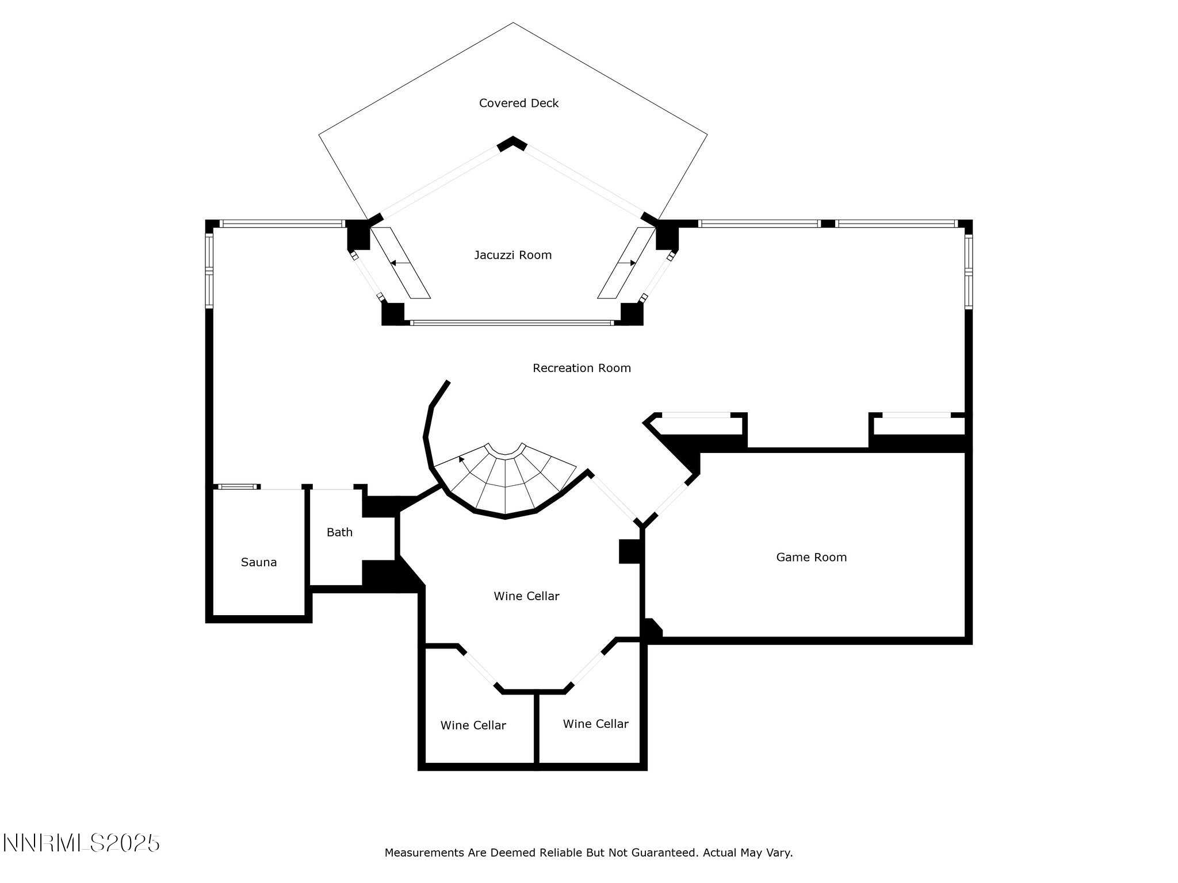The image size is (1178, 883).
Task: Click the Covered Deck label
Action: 519,103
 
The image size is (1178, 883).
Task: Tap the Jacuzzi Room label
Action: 512,255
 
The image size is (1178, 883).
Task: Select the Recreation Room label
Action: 582,368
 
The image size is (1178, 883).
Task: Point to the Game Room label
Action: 811,557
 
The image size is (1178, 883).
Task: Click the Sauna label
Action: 259,562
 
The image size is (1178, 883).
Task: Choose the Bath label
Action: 339,532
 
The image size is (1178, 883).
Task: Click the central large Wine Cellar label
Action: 526,596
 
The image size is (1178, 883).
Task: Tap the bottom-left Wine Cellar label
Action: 473,725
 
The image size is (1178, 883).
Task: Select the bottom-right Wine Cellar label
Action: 595,724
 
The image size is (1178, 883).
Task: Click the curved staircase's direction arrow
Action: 462,459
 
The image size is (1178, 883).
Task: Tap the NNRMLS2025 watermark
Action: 81,843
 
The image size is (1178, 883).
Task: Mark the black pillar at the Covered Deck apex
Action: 512,143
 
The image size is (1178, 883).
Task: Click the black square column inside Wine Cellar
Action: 629,551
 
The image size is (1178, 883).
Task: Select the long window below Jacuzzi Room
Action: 512,323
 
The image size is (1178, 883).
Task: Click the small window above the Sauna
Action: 237,487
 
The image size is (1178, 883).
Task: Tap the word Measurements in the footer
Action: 424,853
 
